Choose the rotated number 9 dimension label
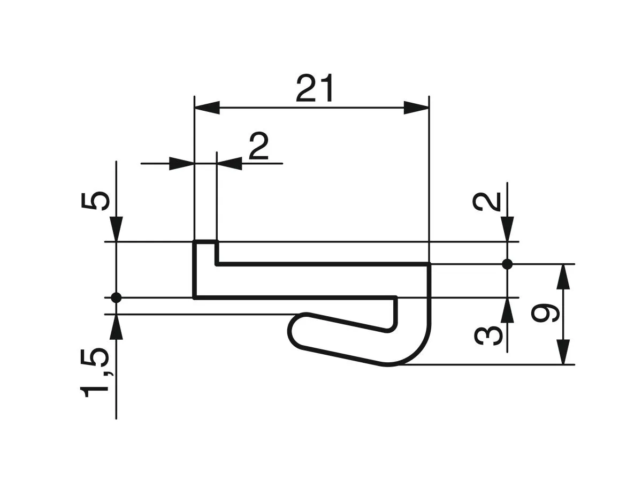546,314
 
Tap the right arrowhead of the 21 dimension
416,107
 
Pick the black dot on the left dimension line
116,298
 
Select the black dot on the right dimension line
508,264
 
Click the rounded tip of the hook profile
295,331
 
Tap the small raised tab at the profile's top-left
205,251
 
